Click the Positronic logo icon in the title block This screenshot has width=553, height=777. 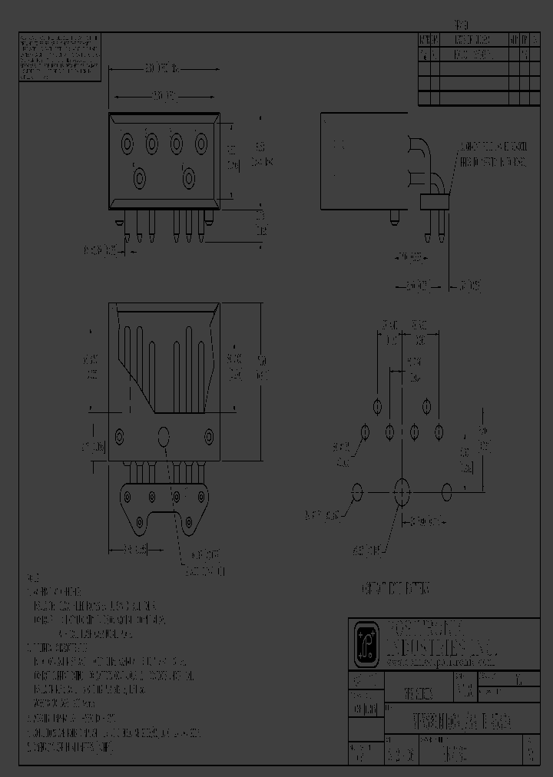pyautogui.click(x=365, y=644)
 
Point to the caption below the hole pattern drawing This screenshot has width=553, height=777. pyautogui.click(x=395, y=588)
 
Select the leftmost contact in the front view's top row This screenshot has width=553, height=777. pyautogui.click(x=127, y=142)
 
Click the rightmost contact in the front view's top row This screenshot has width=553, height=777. pyautogui.click(x=201, y=142)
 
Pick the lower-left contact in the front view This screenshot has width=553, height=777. pyautogui.click(x=140, y=178)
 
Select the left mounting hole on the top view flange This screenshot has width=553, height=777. pyautogui.click(x=120, y=437)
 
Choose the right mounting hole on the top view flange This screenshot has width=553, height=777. pyautogui.click(x=209, y=437)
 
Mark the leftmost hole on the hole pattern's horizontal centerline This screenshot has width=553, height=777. pyautogui.click(x=357, y=491)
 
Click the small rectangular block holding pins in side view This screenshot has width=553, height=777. pyautogui.click(x=432, y=202)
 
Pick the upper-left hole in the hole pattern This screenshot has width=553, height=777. pyautogui.click(x=377, y=406)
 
